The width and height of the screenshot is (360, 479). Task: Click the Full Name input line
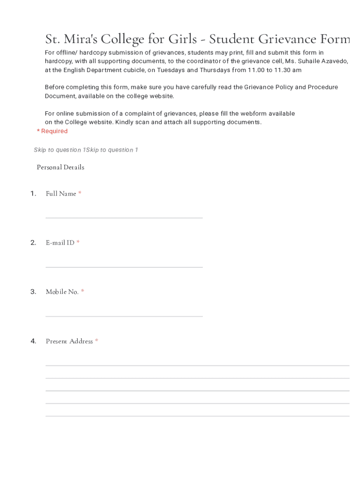pyautogui.click(x=124, y=217)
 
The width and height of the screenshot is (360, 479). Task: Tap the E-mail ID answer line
pyautogui.click(x=124, y=267)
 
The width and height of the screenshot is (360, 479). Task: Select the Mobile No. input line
pyautogui.click(x=124, y=316)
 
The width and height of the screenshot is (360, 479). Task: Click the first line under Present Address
pyautogui.click(x=197, y=365)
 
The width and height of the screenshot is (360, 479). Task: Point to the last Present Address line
pyautogui.click(x=197, y=415)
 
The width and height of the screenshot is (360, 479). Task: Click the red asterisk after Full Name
pyautogui.click(x=80, y=193)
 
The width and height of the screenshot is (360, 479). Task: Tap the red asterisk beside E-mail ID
pyautogui.click(x=78, y=242)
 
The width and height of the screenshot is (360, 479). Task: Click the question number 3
pyautogui.click(x=33, y=292)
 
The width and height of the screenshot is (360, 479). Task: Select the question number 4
pyautogui.click(x=33, y=341)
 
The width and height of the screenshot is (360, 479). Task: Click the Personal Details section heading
pyautogui.click(x=60, y=167)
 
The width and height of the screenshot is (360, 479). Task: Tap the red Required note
pyautogui.click(x=52, y=131)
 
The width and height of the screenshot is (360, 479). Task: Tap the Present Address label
pyautogui.click(x=69, y=341)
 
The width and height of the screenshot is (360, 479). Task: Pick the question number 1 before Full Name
pyautogui.click(x=33, y=194)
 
